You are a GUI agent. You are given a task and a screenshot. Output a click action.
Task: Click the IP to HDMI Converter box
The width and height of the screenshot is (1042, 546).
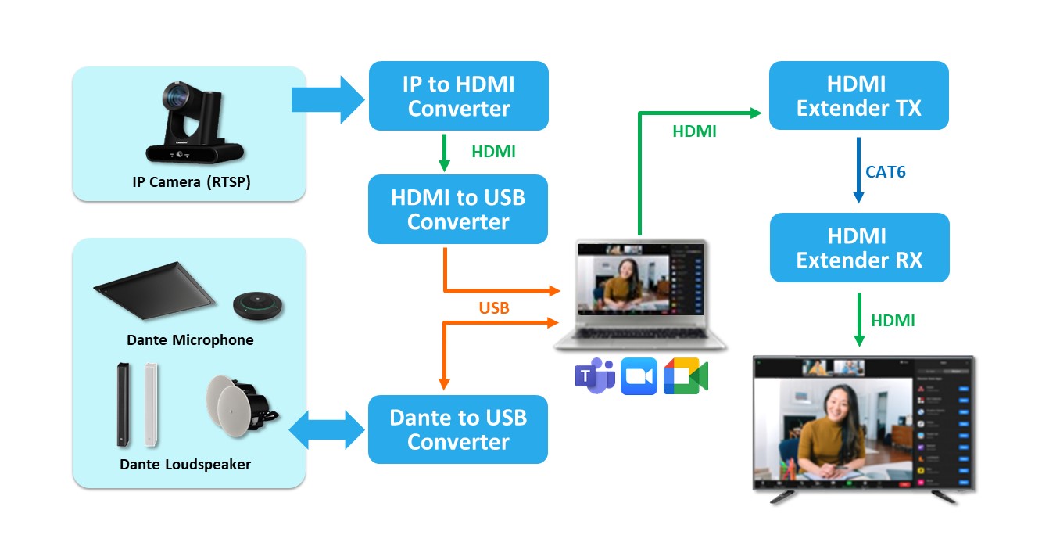tap(458, 95)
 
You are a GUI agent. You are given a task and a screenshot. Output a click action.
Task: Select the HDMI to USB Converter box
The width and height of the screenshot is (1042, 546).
tap(458, 209)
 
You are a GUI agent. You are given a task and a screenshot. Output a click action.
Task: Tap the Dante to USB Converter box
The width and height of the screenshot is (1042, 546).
tap(458, 429)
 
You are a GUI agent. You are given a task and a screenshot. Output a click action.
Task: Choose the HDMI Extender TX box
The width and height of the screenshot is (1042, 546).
tap(858, 95)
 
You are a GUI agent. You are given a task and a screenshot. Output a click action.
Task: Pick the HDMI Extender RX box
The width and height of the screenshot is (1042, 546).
tap(859, 247)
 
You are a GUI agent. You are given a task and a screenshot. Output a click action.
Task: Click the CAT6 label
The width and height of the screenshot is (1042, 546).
tap(886, 172)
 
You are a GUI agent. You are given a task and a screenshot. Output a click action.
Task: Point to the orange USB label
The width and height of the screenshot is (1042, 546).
tap(494, 308)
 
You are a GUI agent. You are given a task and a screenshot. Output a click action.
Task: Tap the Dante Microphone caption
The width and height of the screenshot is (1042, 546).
tap(190, 340)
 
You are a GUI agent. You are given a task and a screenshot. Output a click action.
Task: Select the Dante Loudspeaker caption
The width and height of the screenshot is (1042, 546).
tap(185, 464)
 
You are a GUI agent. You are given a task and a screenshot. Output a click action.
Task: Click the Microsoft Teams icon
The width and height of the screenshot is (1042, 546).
tap(594, 375)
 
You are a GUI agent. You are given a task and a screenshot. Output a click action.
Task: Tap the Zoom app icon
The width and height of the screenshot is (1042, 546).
tap(639, 376)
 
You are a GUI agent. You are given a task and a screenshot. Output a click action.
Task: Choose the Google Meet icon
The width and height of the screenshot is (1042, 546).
tap(685, 376)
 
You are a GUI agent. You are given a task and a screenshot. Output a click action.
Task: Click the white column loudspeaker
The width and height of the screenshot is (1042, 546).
tap(150, 404)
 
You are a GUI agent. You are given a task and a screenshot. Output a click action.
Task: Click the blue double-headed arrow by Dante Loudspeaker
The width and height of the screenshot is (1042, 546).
tap(327, 430)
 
